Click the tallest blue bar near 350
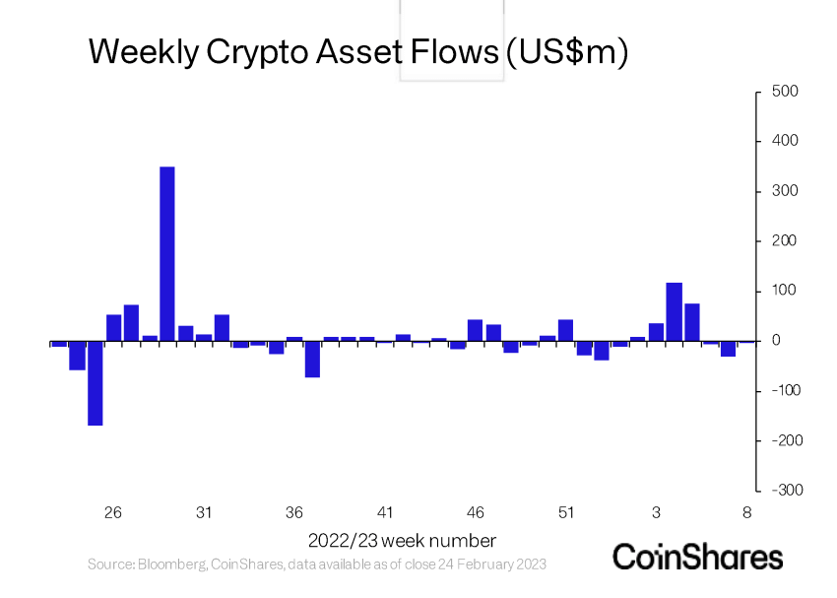(167, 254)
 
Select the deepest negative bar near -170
(96, 383)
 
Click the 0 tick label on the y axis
(776, 341)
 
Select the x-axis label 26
(113, 512)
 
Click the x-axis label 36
(294, 512)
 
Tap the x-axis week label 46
(476, 512)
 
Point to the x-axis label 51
(566, 512)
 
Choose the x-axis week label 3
(657, 512)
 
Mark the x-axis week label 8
(747, 512)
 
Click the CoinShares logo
(697, 557)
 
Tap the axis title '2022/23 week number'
(402, 540)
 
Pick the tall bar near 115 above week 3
(675, 311)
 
